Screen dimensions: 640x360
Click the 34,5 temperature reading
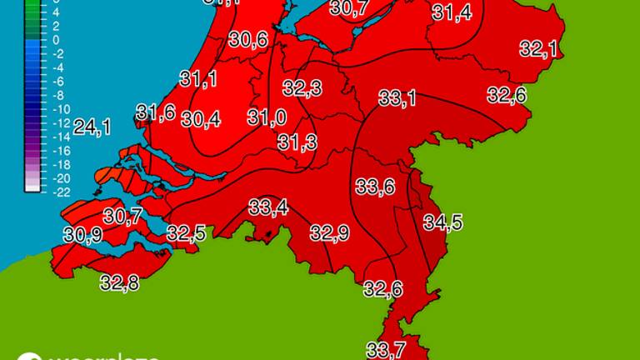pyautogui.click(x=443, y=222)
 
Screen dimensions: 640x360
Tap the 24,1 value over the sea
pyautogui.click(x=92, y=127)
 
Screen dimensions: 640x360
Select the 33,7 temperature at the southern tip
pyautogui.click(x=385, y=349)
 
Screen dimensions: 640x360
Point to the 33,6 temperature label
pyautogui.click(x=375, y=187)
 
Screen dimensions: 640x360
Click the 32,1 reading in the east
pyautogui.click(x=538, y=49)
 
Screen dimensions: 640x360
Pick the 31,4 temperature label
pyautogui.click(x=452, y=12)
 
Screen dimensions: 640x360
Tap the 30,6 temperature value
pyautogui.click(x=248, y=39)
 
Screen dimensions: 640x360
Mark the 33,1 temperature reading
pyautogui.click(x=397, y=98)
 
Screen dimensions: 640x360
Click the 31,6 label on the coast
pyautogui.click(x=156, y=112)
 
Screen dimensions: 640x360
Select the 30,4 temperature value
pyautogui.click(x=201, y=119)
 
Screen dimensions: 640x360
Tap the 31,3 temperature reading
pyautogui.click(x=297, y=142)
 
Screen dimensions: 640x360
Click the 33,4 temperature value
pyautogui.click(x=268, y=207)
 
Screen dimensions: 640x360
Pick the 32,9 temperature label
pyautogui.click(x=329, y=232)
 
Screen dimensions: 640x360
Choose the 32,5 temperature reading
pyautogui.click(x=186, y=233)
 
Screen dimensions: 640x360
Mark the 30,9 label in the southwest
pyautogui.click(x=82, y=236)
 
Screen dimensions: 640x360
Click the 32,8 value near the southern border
pyautogui.click(x=119, y=283)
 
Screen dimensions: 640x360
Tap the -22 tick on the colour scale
pyautogui.click(x=37, y=192)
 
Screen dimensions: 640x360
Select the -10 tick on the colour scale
pyautogui.click(x=37, y=109)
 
